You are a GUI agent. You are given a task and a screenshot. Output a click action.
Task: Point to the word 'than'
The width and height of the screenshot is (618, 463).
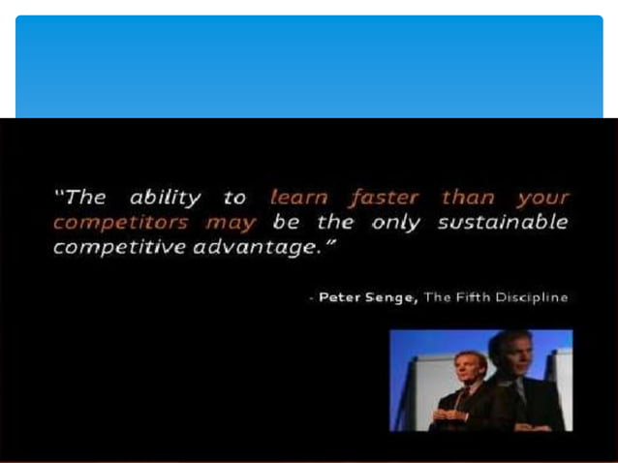click(x=468, y=198)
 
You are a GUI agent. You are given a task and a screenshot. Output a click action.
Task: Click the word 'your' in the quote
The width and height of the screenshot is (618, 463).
click(x=542, y=199)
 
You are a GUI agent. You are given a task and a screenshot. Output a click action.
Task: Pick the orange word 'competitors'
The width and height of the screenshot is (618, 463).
click(x=112, y=223)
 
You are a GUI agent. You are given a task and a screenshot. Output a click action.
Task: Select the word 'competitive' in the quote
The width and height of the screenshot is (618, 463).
click(x=112, y=248)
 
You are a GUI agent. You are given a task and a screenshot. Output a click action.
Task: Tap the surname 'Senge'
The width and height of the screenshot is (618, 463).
click(x=393, y=297)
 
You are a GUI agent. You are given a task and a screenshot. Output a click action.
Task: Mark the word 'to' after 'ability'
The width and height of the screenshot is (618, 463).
click(x=234, y=199)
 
